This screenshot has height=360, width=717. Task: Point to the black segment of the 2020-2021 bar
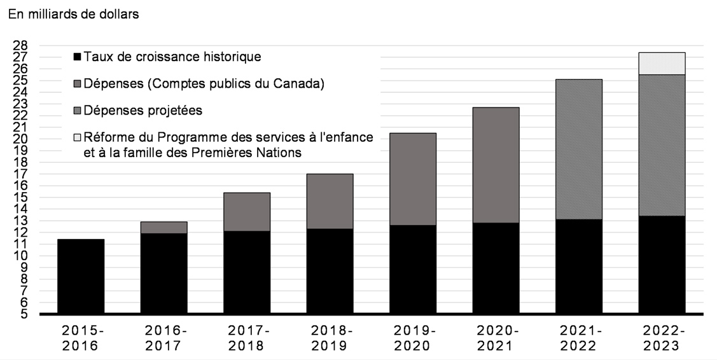tap(497, 268)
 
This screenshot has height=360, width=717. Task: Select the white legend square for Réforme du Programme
tap(78, 138)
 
